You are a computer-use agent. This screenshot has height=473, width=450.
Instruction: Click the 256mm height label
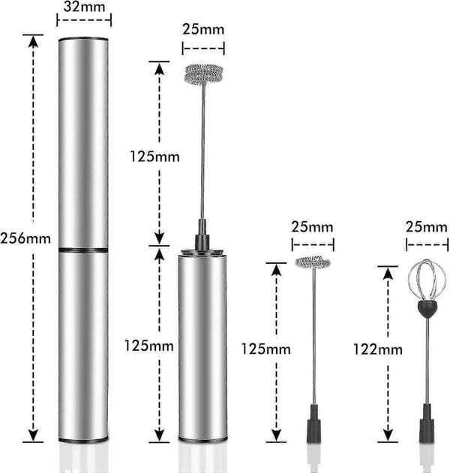[x=25, y=238]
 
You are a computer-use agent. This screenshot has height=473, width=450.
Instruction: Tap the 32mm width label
[x=84, y=7]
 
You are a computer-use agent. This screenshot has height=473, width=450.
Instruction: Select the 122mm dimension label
[x=378, y=349]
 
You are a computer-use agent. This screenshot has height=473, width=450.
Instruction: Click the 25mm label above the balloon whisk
[x=426, y=227]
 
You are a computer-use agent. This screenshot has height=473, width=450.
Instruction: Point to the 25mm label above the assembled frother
[x=203, y=29]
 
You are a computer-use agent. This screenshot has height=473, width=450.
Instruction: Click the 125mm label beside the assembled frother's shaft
[x=154, y=157]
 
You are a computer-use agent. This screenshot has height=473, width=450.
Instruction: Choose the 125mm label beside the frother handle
[x=148, y=346]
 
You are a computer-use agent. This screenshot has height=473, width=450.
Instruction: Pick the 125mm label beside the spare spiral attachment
[x=266, y=349]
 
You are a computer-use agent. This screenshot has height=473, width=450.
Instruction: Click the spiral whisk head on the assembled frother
[x=203, y=73]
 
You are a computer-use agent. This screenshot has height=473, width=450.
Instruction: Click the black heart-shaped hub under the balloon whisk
[x=427, y=307]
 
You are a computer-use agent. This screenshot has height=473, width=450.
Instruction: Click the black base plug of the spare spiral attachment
[x=314, y=424]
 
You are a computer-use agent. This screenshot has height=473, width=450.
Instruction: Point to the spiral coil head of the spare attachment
[x=313, y=262]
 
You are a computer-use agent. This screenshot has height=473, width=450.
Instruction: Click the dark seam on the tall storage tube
[x=83, y=250]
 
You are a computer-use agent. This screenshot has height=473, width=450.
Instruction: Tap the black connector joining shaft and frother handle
[x=202, y=235]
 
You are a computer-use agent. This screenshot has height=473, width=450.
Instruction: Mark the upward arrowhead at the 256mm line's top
[x=33, y=41]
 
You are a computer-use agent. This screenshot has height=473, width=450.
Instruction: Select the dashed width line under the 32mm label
[x=84, y=20]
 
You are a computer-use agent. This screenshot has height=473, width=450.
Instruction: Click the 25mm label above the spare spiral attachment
[x=312, y=227]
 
